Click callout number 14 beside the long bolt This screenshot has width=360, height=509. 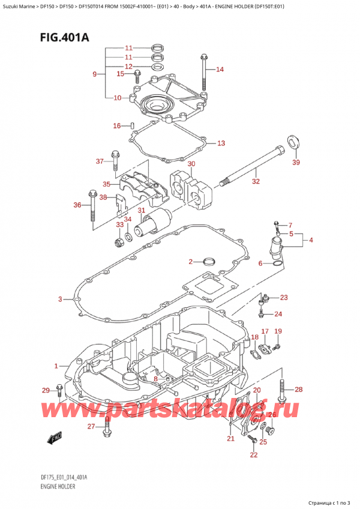220,70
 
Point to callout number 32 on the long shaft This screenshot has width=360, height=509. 256,180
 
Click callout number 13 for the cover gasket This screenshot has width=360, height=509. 221,143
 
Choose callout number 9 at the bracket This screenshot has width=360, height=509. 94,74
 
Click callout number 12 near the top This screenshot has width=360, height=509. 128,67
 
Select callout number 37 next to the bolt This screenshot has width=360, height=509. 100,161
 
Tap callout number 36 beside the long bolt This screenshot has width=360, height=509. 77,206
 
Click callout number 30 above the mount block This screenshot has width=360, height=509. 191,164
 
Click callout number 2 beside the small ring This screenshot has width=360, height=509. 190,262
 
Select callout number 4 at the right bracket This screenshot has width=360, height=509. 311,241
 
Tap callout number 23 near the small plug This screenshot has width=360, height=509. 284,298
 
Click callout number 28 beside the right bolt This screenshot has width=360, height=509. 299,390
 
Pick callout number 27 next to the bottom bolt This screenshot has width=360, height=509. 91,427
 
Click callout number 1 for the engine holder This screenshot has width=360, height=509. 57,366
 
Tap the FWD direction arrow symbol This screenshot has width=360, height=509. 56,438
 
